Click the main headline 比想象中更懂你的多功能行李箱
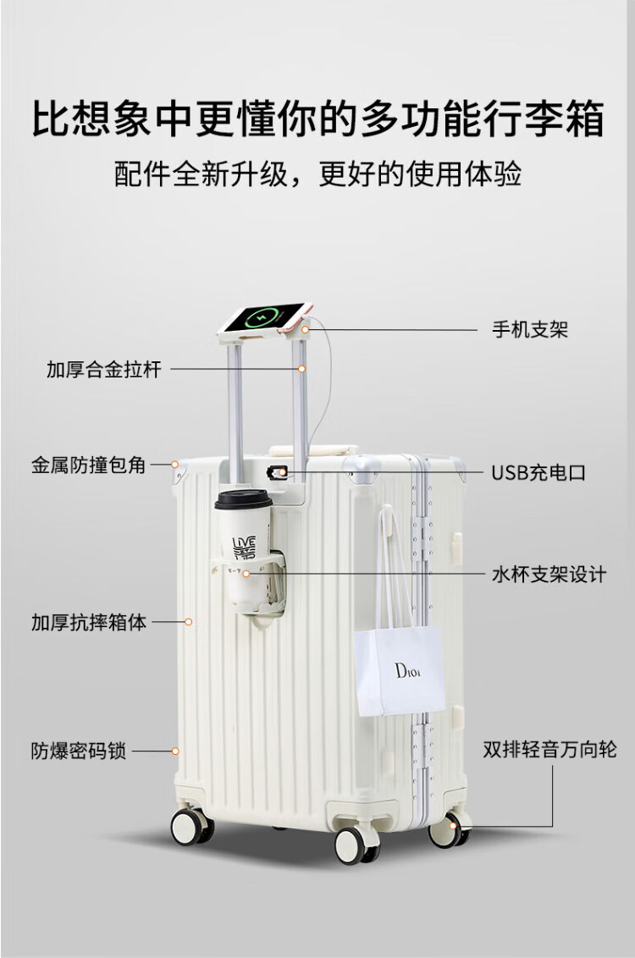[317, 119]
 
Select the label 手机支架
[530, 330]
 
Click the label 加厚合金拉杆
[103, 370]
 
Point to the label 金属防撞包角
[89, 465]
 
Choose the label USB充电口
[538, 473]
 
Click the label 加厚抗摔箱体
[89, 623]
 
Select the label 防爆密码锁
[79, 751]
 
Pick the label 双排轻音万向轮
[549, 749]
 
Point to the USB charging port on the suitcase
[279, 471]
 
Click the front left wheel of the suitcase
[191, 826]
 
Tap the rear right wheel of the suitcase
[450, 829]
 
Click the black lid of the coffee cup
[243, 500]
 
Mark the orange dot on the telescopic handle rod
[301, 369]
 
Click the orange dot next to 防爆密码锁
[176, 751]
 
